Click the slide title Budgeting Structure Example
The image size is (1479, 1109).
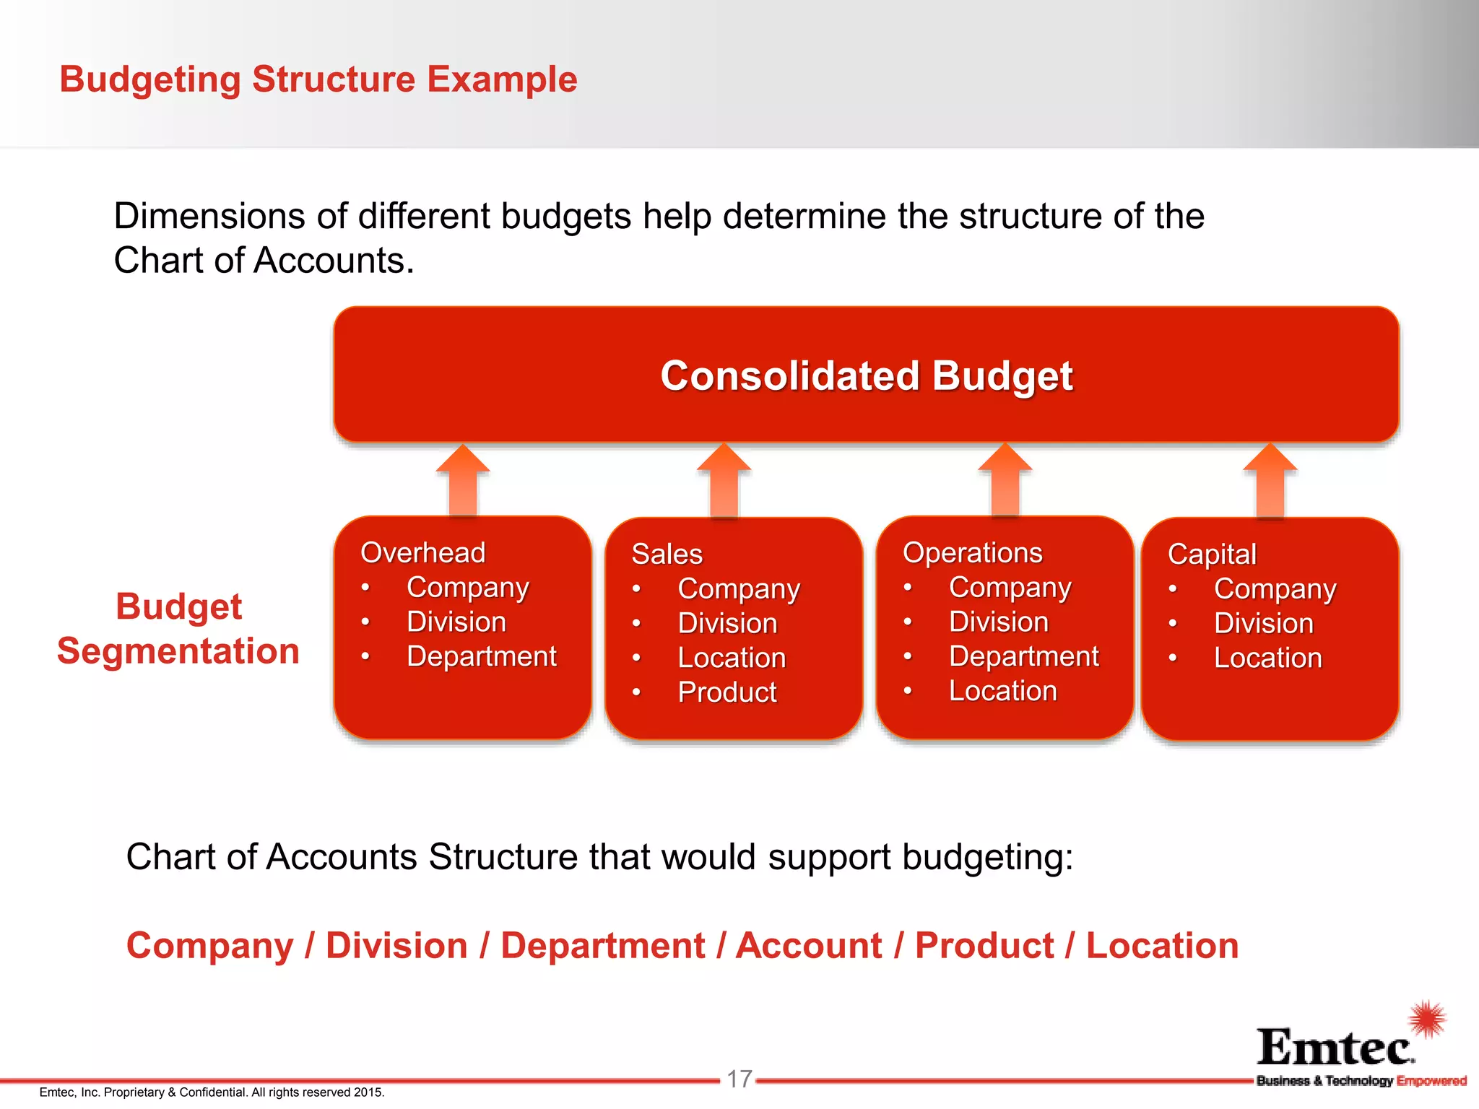318,79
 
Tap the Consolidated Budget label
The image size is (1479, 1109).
866,376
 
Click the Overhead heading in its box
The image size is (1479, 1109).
422,553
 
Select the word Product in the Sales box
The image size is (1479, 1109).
727,692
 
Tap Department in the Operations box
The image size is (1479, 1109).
1023,656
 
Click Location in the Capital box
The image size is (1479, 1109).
1267,658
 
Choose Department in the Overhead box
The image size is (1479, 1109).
481,656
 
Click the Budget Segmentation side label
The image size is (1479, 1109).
178,628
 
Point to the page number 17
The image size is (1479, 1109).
739,1079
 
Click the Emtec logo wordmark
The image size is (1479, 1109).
1335,1048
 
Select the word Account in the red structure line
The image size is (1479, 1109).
809,946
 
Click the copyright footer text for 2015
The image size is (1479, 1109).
212,1092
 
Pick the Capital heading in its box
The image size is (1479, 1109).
1212,554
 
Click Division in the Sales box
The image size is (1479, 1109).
727,623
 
